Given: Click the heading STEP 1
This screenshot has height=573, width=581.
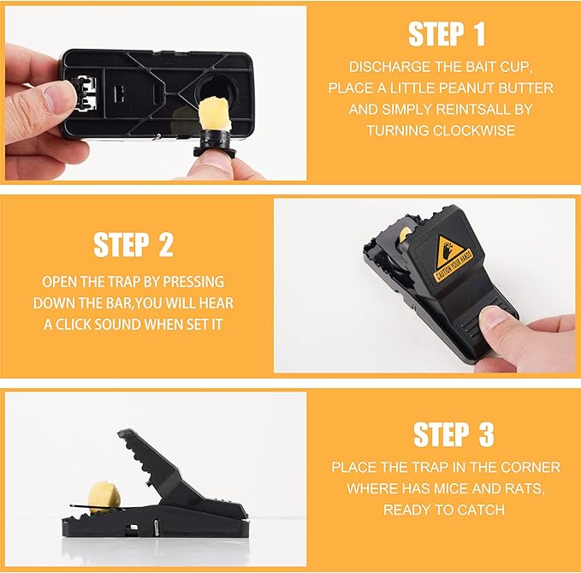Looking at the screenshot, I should coord(446,34).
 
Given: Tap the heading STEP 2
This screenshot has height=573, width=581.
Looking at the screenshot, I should coord(133,245).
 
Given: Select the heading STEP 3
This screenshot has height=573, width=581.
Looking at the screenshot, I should coord(454,434).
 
